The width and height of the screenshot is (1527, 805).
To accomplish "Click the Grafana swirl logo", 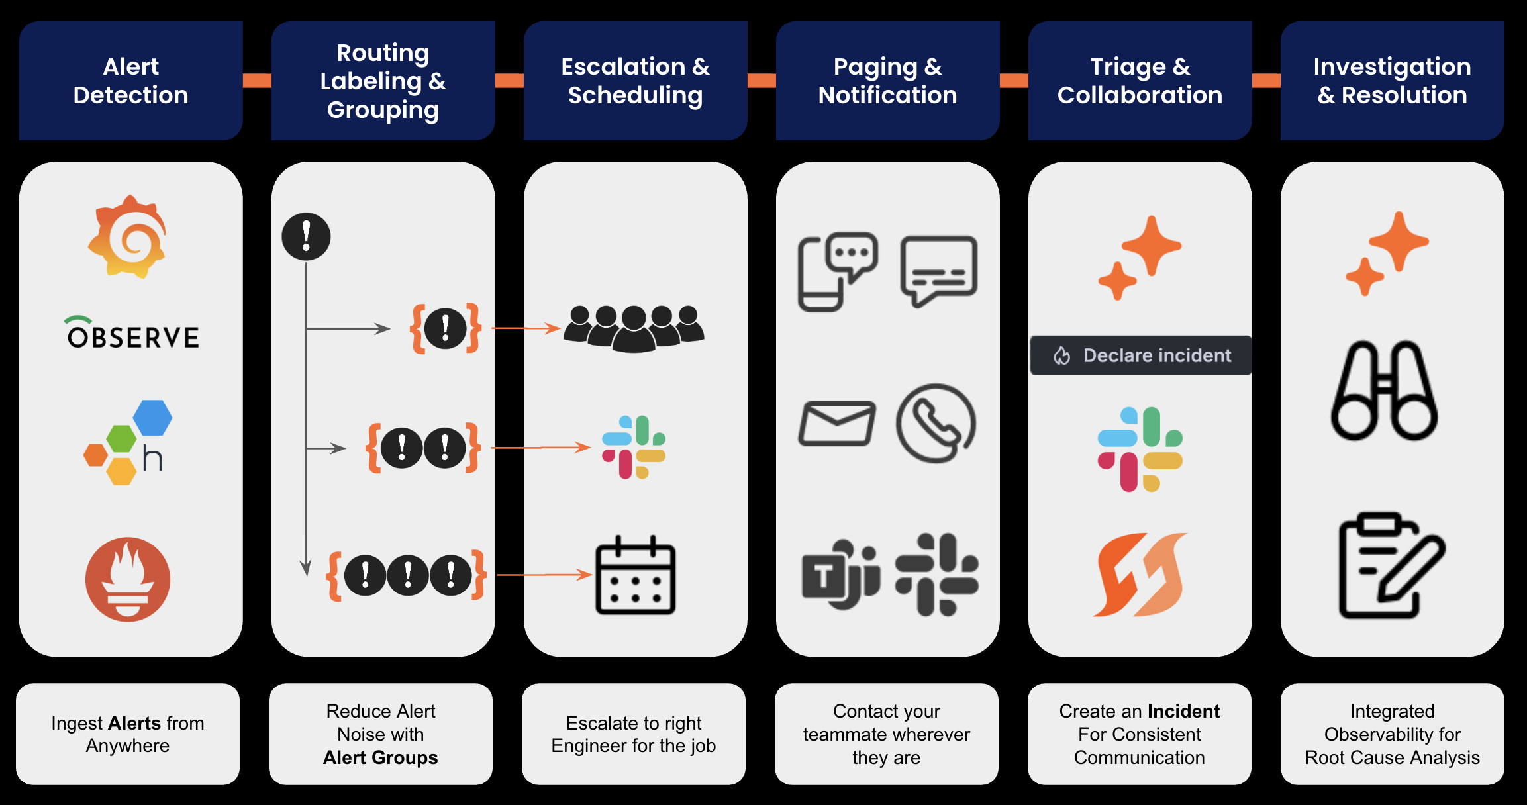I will [x=128, y=237].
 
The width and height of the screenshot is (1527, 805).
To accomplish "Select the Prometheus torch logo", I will [x=128, y=579].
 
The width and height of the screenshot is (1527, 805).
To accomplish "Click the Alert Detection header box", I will [x=130, y=81].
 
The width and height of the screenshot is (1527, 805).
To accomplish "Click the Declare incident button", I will [x=1140, y=355].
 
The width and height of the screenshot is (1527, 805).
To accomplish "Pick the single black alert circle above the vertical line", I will [x=306, y=236].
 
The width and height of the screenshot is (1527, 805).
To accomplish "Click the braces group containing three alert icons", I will [x=407, y=575].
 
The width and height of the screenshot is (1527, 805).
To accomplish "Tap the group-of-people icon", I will [x=634, y=328].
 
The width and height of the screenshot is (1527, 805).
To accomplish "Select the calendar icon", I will [x=635, y=576].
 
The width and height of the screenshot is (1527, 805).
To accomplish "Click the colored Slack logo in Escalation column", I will [x=634, y=448].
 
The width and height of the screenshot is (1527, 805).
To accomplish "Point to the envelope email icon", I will [x=837, y=423].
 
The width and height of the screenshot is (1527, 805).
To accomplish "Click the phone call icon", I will [x=936, y=423].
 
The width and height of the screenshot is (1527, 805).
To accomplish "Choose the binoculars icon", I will [x=1384, y=391].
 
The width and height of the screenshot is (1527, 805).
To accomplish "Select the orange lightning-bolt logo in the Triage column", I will [x=1140, y=575].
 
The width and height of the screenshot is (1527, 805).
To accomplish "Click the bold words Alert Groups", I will [x=380, y=757].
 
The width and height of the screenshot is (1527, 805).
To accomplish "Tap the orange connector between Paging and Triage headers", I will [x=1014, y=81].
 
